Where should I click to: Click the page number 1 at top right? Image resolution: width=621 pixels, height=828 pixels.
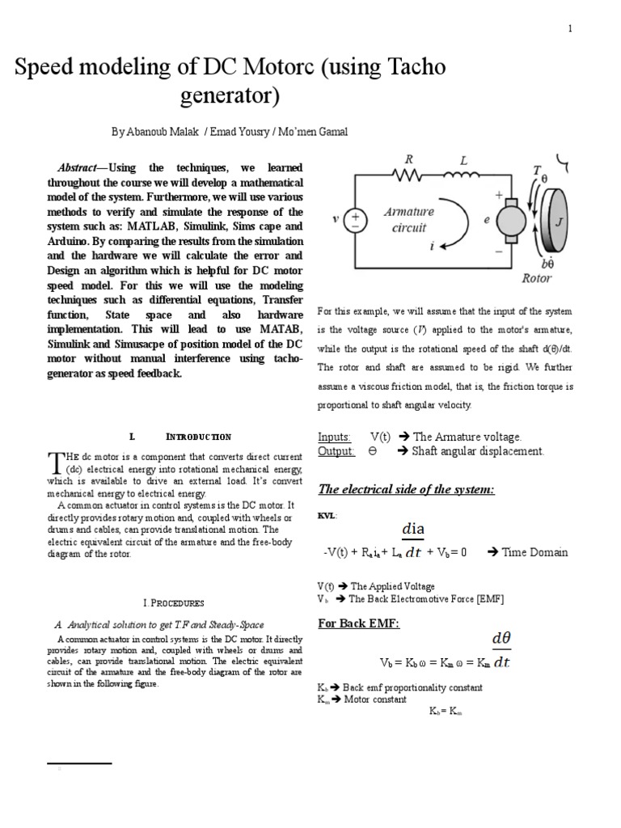570,29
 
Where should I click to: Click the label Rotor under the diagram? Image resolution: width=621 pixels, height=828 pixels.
536,278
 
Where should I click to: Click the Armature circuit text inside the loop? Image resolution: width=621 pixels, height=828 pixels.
408,220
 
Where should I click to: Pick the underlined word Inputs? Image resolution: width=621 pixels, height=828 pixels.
335,437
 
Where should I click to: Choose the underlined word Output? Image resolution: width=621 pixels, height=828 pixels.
336,451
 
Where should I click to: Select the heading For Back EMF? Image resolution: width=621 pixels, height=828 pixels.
359,623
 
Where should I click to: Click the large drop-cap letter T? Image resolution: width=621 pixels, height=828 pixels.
55,464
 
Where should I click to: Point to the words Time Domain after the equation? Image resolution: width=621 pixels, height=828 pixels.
534,552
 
